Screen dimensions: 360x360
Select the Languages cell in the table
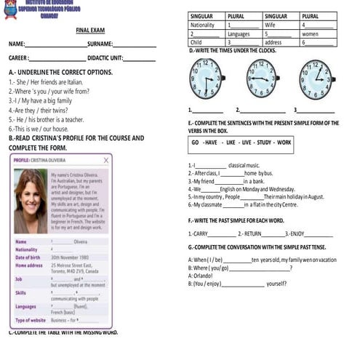click(x=238, y=33)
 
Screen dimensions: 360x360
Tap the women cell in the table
click(x=311, y=33)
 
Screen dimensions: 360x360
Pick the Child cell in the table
click(x=196, y=42)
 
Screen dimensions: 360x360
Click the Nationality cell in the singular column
click(x=202, y=25)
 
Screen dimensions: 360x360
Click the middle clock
click(x=260, y=78)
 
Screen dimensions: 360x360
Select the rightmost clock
click(x=316, y=79)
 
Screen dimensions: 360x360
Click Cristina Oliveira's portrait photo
click(x=30, y=200)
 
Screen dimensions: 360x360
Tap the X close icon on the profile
click(x=107, y=160)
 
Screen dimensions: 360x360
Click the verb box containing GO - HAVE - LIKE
click(x=241, y=143)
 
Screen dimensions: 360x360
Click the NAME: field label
click(x=17, y=44)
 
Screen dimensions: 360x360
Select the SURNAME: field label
click(x=100, y=44)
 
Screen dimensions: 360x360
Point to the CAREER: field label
click(x=18, y=57)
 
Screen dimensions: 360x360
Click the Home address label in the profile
click(x=28, y=265)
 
